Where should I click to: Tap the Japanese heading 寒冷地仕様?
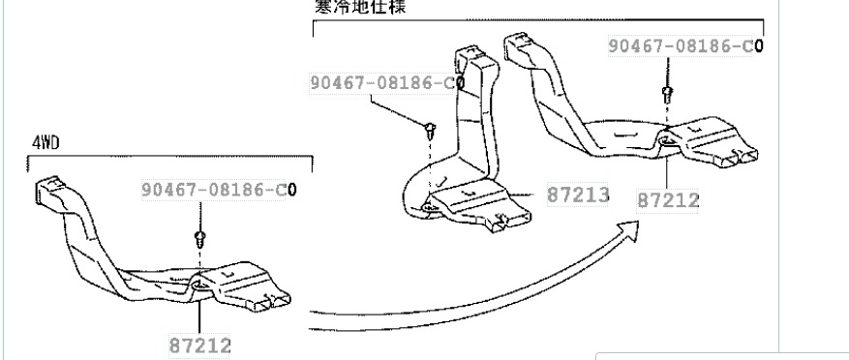pos(361,6)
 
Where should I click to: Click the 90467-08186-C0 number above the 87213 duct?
pos(386,83)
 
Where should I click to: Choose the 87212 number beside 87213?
pos(669,200)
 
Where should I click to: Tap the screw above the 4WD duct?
pos(199,236)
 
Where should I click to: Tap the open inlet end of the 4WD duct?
pos(49,189)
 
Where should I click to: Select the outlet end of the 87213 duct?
pos(499,225)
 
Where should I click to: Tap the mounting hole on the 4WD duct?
pos(197,284)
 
